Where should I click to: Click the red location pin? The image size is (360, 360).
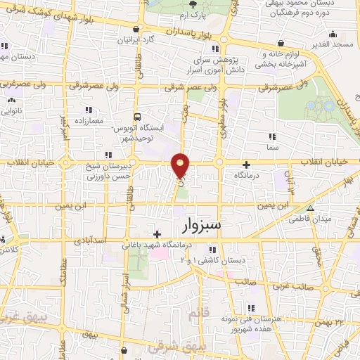coord(181,165)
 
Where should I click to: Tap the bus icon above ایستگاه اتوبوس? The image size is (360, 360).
coord(137,117)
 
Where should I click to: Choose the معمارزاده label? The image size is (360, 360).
coord(87,121)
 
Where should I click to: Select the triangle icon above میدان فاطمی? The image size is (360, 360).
coord(311,208)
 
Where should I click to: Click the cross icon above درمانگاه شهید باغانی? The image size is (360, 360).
coord(157,233)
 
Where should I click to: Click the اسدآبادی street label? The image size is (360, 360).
coord(93,240)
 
